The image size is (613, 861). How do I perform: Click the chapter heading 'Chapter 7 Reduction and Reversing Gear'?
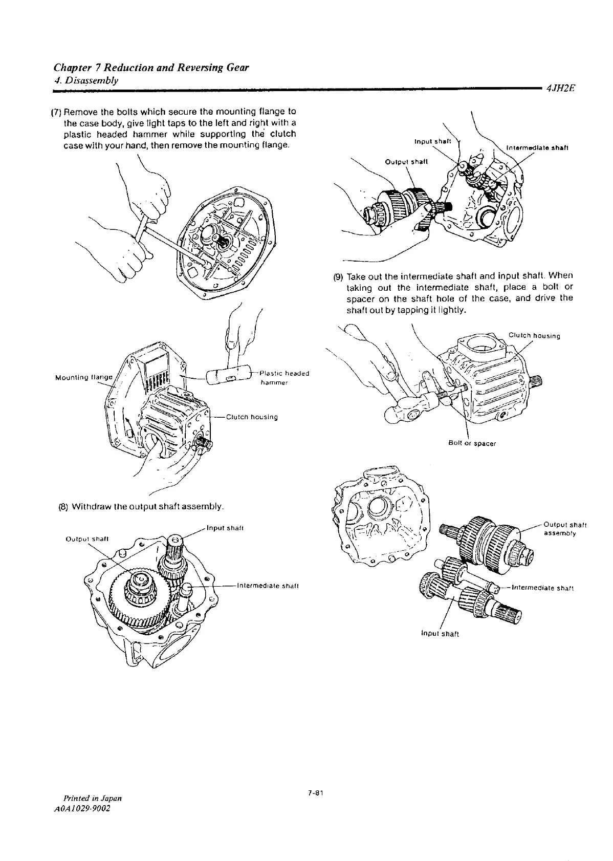[x=151, y=68]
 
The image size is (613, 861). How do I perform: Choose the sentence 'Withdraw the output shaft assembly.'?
[x=148, y=507]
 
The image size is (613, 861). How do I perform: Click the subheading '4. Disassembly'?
[x=86, y=80]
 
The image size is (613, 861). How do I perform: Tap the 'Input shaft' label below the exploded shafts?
[x=439, y=634]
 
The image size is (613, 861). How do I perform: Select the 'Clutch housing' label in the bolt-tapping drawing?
[x=534, y=336]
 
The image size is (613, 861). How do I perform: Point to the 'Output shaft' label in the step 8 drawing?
[x=86, y=538]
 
